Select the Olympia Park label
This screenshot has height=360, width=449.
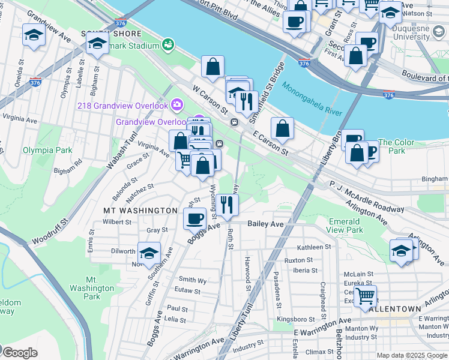point(47,150)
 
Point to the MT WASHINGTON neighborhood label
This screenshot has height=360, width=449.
point(140,211)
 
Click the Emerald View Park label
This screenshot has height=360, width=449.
point(345,226)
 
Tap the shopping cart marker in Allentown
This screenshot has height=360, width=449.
point(365,295)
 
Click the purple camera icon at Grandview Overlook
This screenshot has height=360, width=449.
point(177,105)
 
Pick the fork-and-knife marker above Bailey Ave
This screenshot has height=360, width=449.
point(227,204)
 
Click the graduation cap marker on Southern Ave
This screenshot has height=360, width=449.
point(149,252)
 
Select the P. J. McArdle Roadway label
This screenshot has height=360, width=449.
point(366,197)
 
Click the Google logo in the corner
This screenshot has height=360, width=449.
point(19,352)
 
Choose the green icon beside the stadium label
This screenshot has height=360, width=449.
point(168,44)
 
